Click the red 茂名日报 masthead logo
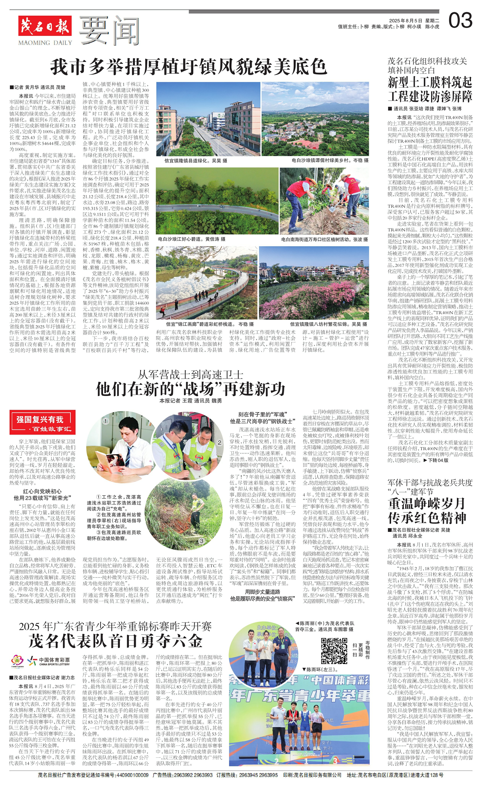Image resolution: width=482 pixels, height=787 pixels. point(45,26)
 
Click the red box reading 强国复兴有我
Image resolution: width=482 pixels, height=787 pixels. point(40,419)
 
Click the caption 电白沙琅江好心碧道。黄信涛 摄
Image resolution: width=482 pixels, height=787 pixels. point(192,239)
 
